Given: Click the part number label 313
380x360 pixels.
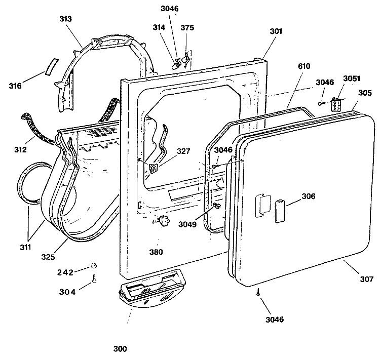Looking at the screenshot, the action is [65, 19].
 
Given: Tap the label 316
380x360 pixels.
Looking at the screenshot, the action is [15, 86].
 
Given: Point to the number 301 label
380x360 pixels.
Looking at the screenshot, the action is [276, 31].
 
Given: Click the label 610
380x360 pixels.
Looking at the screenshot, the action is [304, 66].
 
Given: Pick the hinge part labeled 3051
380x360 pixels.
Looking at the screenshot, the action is [336, 104].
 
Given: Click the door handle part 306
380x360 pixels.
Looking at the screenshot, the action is [279, 211].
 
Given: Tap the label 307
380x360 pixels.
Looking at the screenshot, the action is [366, 279].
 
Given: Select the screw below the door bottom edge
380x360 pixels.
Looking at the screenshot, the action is [258, 292].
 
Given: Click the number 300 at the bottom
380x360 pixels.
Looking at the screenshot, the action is [120, 349].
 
